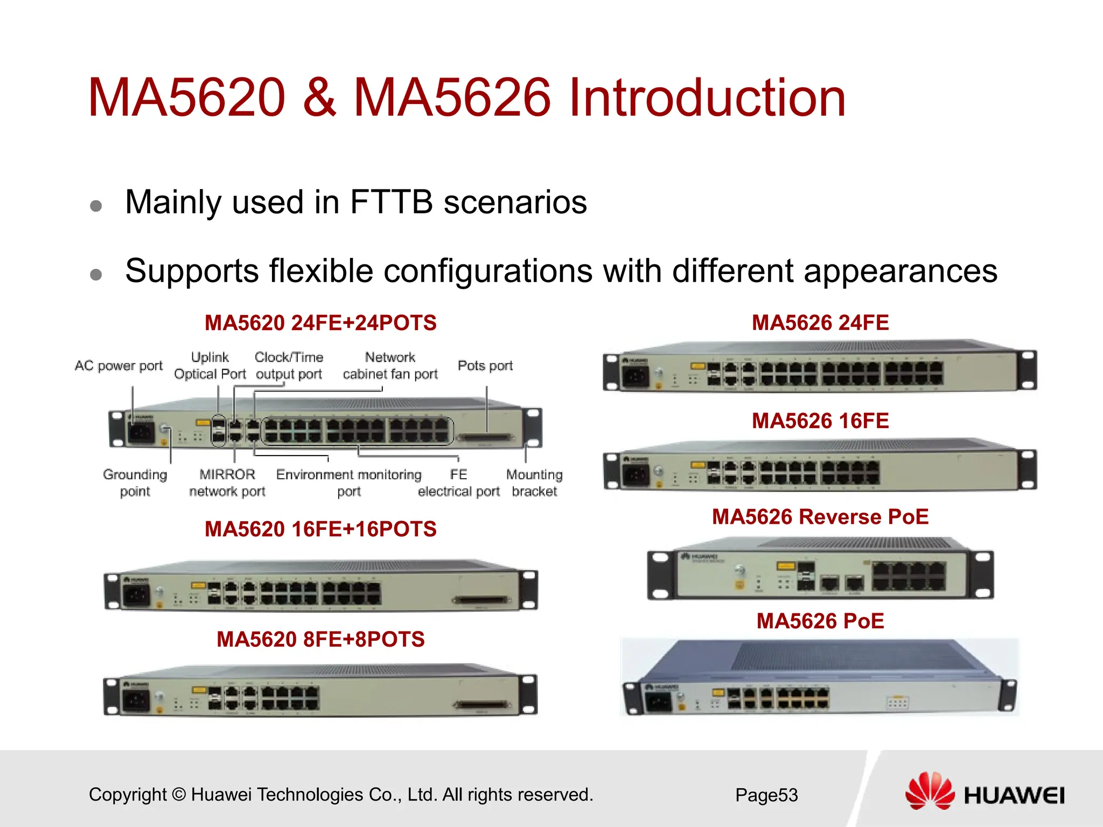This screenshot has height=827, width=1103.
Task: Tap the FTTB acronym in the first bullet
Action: (x=391, y=202)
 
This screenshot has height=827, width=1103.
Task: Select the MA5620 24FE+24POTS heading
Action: (x=320, y=323)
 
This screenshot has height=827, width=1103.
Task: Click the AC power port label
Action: (x=118, y=366)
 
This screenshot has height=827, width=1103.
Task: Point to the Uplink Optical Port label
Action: (x=210, y=366)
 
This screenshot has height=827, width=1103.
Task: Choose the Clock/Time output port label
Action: (x=289, y=366)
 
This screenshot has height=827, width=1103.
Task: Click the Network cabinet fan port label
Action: (x=390, y=366)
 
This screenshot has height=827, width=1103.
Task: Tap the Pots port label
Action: (x=485, y=366)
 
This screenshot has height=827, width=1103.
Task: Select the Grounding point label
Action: (x=135, y=483)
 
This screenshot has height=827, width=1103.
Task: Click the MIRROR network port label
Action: (x=227, y=483)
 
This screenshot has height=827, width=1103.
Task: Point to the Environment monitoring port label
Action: (x=348, y=483)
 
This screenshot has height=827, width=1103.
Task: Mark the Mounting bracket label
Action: (x=534, y=483)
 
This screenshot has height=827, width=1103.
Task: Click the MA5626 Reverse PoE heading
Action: (x=820, y=517)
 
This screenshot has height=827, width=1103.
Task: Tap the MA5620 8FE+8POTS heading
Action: (x=320, y=640)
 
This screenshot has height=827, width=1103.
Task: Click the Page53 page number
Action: (x=766, y=795)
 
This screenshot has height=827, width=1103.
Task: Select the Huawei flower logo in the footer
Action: (x=930, y=791)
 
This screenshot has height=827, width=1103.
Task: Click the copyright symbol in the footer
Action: (x=179, y=795)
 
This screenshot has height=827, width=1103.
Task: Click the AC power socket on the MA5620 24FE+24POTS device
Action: (x=140, y=433)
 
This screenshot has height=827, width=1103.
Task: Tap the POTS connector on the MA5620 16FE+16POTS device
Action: (x=481, y=600)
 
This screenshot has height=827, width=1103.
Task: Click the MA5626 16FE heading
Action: (x=820, y=421)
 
